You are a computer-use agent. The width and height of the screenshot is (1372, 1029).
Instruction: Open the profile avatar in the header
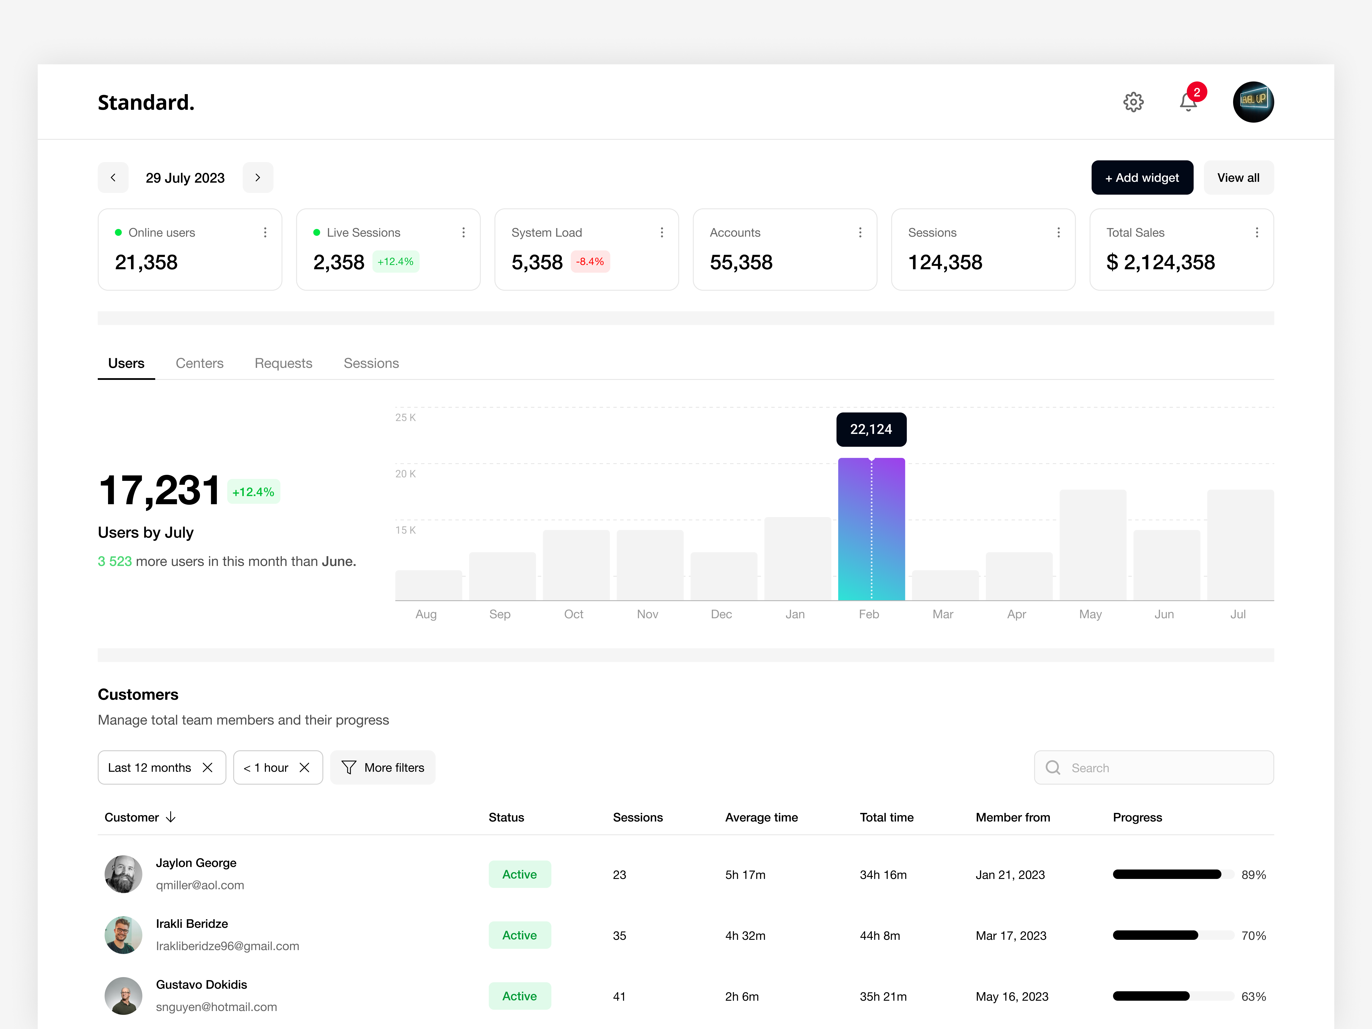tap(1253, 102)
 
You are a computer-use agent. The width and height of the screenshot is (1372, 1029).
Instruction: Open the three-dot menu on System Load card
tap(662, 233)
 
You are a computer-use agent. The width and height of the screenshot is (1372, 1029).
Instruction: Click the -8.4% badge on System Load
tap(590, 262)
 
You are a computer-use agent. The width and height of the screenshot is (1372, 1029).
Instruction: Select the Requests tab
tap(283, 363)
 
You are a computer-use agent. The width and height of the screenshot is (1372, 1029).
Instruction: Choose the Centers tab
tap(199, 363)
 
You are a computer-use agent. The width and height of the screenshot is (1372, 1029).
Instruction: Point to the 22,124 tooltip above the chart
tap(871, 429)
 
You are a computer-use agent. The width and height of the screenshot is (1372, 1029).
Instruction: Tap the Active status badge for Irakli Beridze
tap(519, 935)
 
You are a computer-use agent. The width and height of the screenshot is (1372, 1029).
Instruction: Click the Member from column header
tap(1012, 817)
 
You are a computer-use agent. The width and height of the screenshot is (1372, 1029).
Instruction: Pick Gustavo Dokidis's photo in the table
tap(123, 996)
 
